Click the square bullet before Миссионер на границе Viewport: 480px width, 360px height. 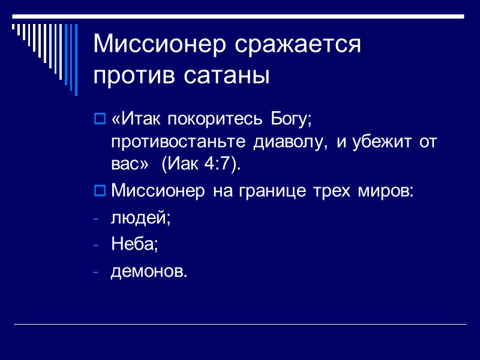point(100,191)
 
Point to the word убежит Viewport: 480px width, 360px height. point(371,143)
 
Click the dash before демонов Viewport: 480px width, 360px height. point(97,272)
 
